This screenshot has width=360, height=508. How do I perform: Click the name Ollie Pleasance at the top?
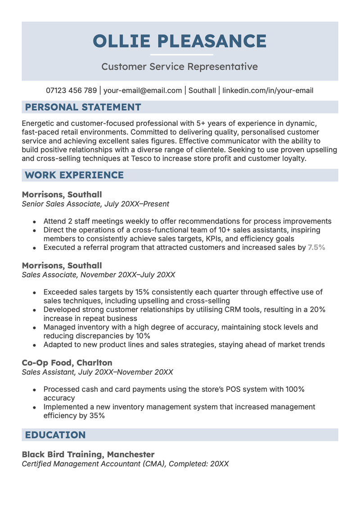pos(180,41)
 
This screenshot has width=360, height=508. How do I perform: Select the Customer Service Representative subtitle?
pos(180,67)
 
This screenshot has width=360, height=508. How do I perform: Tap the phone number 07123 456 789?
pos(71,90)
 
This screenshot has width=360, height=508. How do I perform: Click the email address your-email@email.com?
pos(143,90)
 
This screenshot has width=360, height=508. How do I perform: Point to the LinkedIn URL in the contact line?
pos(268,90)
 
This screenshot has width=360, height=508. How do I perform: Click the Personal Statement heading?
pos(83,107)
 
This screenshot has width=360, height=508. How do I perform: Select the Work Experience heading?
pos(74,175)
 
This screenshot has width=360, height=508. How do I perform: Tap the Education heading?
pos(55,435)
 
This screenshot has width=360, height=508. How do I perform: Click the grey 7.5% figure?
pos(316,247)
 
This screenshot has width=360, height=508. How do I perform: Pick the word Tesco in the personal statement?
pos(141,158)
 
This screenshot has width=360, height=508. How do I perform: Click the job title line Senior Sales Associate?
pos(62,204)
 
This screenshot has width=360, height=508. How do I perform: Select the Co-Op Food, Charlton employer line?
pos(67,362)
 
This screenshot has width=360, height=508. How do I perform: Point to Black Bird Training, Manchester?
pos(88,454)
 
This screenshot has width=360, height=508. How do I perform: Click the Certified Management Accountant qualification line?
pos(125,463)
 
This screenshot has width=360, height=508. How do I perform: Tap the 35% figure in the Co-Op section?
pos(97,416)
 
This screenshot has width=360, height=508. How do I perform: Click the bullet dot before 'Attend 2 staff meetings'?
pos(35,222)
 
